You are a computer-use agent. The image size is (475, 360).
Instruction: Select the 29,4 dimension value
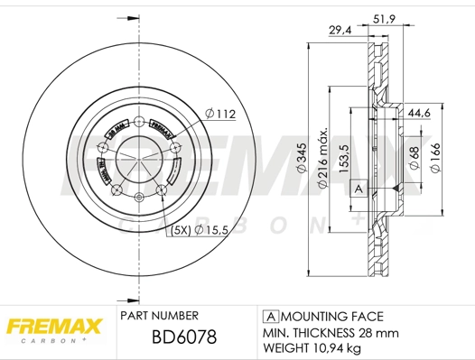tap(340, 31)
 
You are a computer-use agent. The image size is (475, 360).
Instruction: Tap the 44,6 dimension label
tap(418, 114)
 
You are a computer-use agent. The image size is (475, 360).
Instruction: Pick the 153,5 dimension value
tap(342, 154)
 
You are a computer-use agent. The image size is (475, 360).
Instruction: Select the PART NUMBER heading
tap(159, 317)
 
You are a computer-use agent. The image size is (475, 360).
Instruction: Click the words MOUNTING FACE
tap(332, 317)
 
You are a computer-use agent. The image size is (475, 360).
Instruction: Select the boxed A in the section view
tap(358, 188)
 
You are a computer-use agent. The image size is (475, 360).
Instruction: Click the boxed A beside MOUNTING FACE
tap(269, 317)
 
